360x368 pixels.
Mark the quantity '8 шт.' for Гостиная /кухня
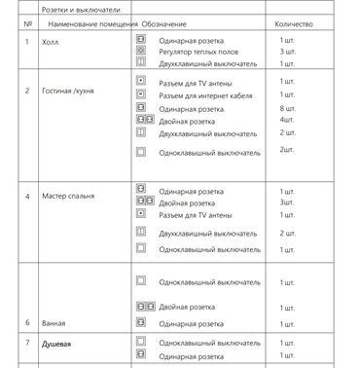pos(287,109)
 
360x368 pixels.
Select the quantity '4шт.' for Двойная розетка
pos(286,120)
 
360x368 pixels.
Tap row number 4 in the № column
pos(27,197)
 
